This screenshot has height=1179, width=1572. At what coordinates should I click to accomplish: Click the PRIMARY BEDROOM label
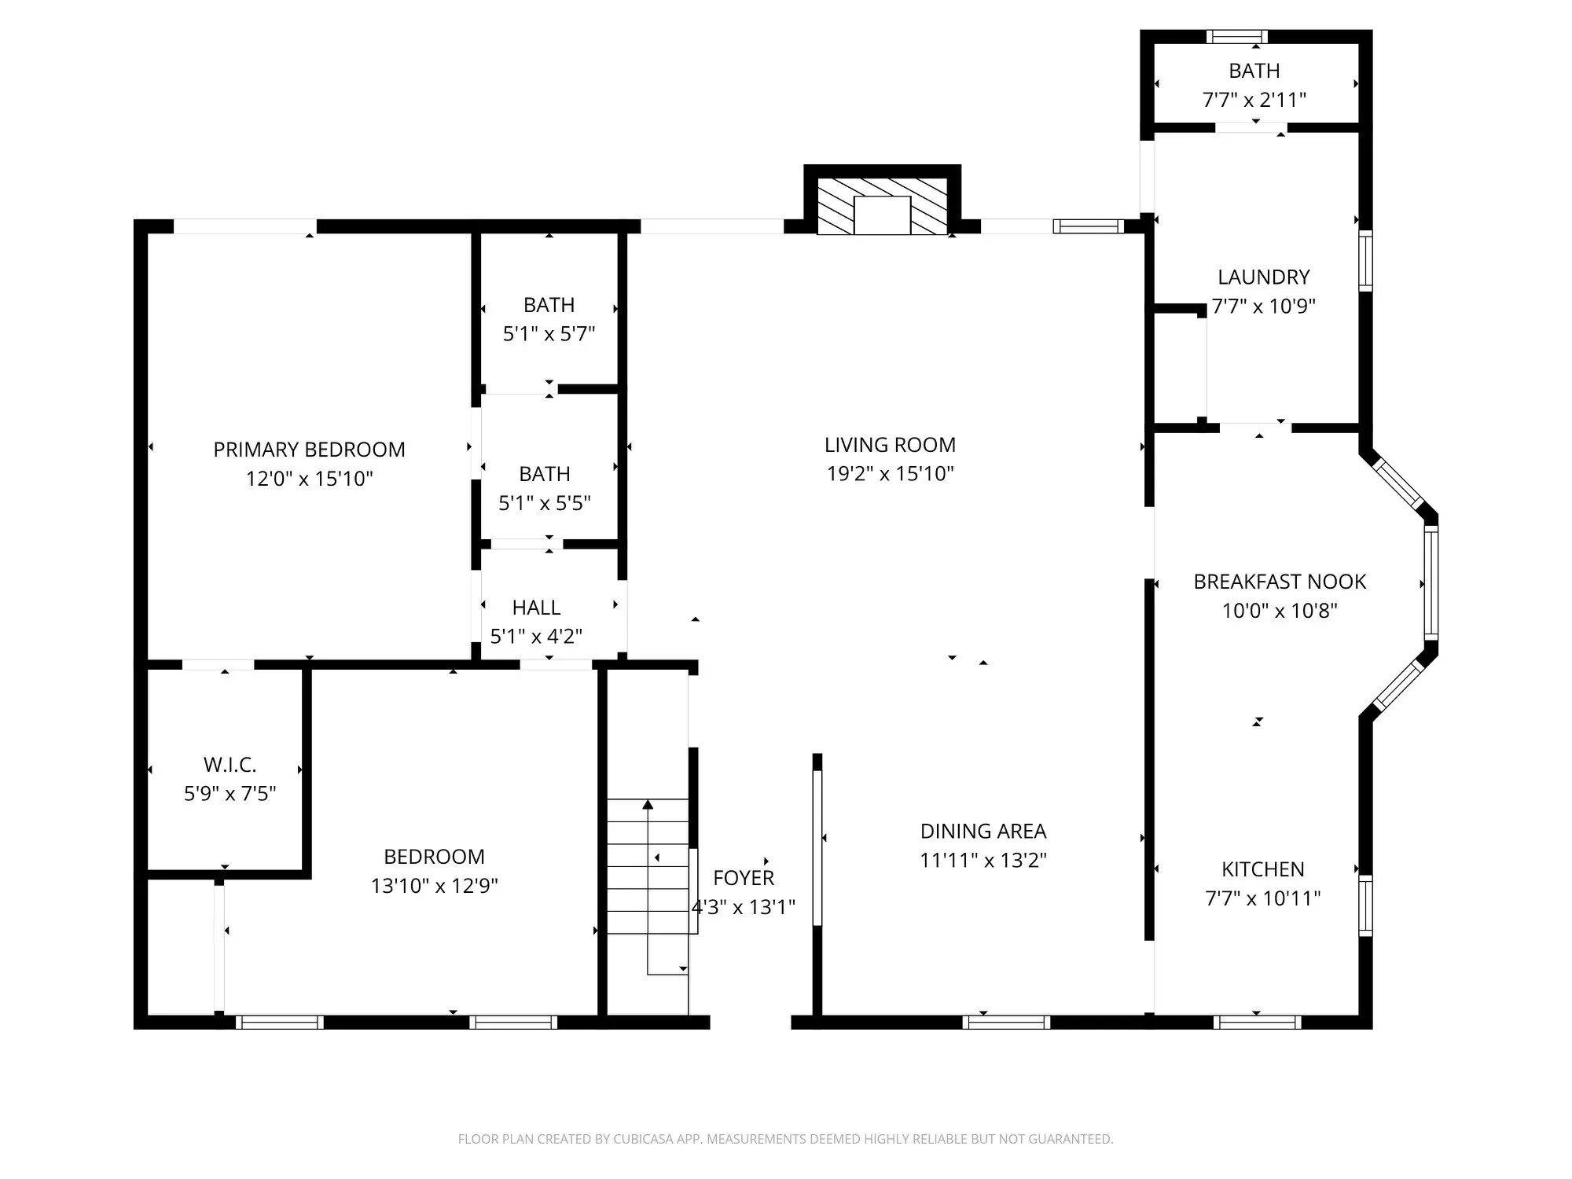(309, 450)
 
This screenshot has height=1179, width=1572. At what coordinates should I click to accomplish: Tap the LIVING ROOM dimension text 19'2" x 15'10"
(890, 474)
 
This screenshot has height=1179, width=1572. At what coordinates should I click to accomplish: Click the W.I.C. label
(230, 765)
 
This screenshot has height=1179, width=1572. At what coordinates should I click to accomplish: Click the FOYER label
(744, 878)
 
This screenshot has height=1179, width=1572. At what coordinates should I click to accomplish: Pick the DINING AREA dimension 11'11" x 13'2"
(983, 861)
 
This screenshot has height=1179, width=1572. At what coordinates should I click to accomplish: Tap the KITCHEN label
(1262, 869)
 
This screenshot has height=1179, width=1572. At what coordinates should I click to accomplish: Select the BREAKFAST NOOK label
(1280, 582)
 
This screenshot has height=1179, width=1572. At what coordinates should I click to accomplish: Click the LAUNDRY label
(1263, 277)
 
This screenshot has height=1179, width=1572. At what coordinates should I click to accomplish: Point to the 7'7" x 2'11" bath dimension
(1254, 100)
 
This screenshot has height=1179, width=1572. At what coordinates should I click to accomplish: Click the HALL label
(536, 608)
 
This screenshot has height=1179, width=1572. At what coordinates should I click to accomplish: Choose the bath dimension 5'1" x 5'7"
(549, 334)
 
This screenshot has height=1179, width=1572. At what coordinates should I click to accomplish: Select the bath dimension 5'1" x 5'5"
(544, 503)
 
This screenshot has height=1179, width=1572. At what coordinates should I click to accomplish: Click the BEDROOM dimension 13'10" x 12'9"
(434, 886)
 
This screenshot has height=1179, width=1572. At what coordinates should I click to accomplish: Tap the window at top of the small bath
(1236, 36)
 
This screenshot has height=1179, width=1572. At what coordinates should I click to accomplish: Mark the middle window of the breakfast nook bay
(1431, 582)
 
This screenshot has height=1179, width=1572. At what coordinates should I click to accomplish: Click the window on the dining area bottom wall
(1006, 1022)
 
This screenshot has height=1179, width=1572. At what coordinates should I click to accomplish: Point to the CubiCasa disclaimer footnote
(785, 1139)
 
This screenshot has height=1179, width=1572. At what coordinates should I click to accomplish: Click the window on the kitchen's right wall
(1366, 905)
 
